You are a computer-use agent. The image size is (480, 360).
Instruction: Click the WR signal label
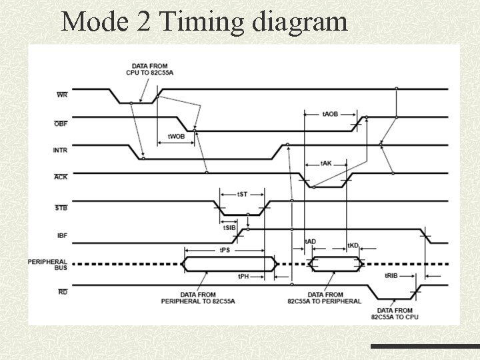click(61, 95)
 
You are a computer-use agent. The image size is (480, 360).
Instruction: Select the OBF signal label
click(60, 123)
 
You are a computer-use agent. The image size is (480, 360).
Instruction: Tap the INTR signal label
click(60, 151)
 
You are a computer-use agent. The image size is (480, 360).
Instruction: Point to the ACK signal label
click(60, 177)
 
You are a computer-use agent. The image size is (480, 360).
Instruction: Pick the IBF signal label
click(61, 235)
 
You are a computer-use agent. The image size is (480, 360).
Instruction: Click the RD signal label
click(62, 292)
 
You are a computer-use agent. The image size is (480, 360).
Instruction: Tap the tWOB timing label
click(175, 136)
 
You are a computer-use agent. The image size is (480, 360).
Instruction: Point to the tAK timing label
click(326, 163)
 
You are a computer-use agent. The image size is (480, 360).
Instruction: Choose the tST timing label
click(243, 194)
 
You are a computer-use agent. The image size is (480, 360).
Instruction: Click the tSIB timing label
click(229, 228)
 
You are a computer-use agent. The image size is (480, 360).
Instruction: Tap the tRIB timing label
click(391, 275)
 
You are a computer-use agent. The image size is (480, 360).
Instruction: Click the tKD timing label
click(353, 245)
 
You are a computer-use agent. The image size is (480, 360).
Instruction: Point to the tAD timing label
click(311, 241)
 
